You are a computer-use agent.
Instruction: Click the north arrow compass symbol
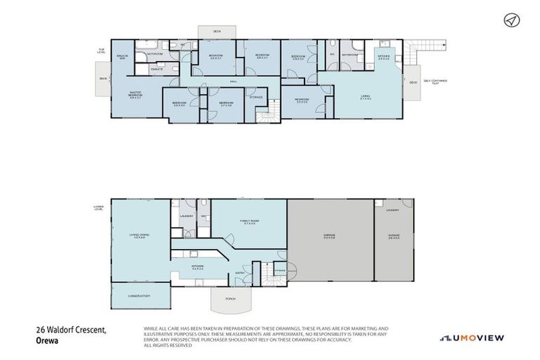510,20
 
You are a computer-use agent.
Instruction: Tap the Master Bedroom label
136,94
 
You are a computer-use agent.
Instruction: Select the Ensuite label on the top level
157,70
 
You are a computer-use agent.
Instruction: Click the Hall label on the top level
233,82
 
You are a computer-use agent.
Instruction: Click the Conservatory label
139,296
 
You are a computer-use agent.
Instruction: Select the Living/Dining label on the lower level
139,236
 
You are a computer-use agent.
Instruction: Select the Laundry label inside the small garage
392,210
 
